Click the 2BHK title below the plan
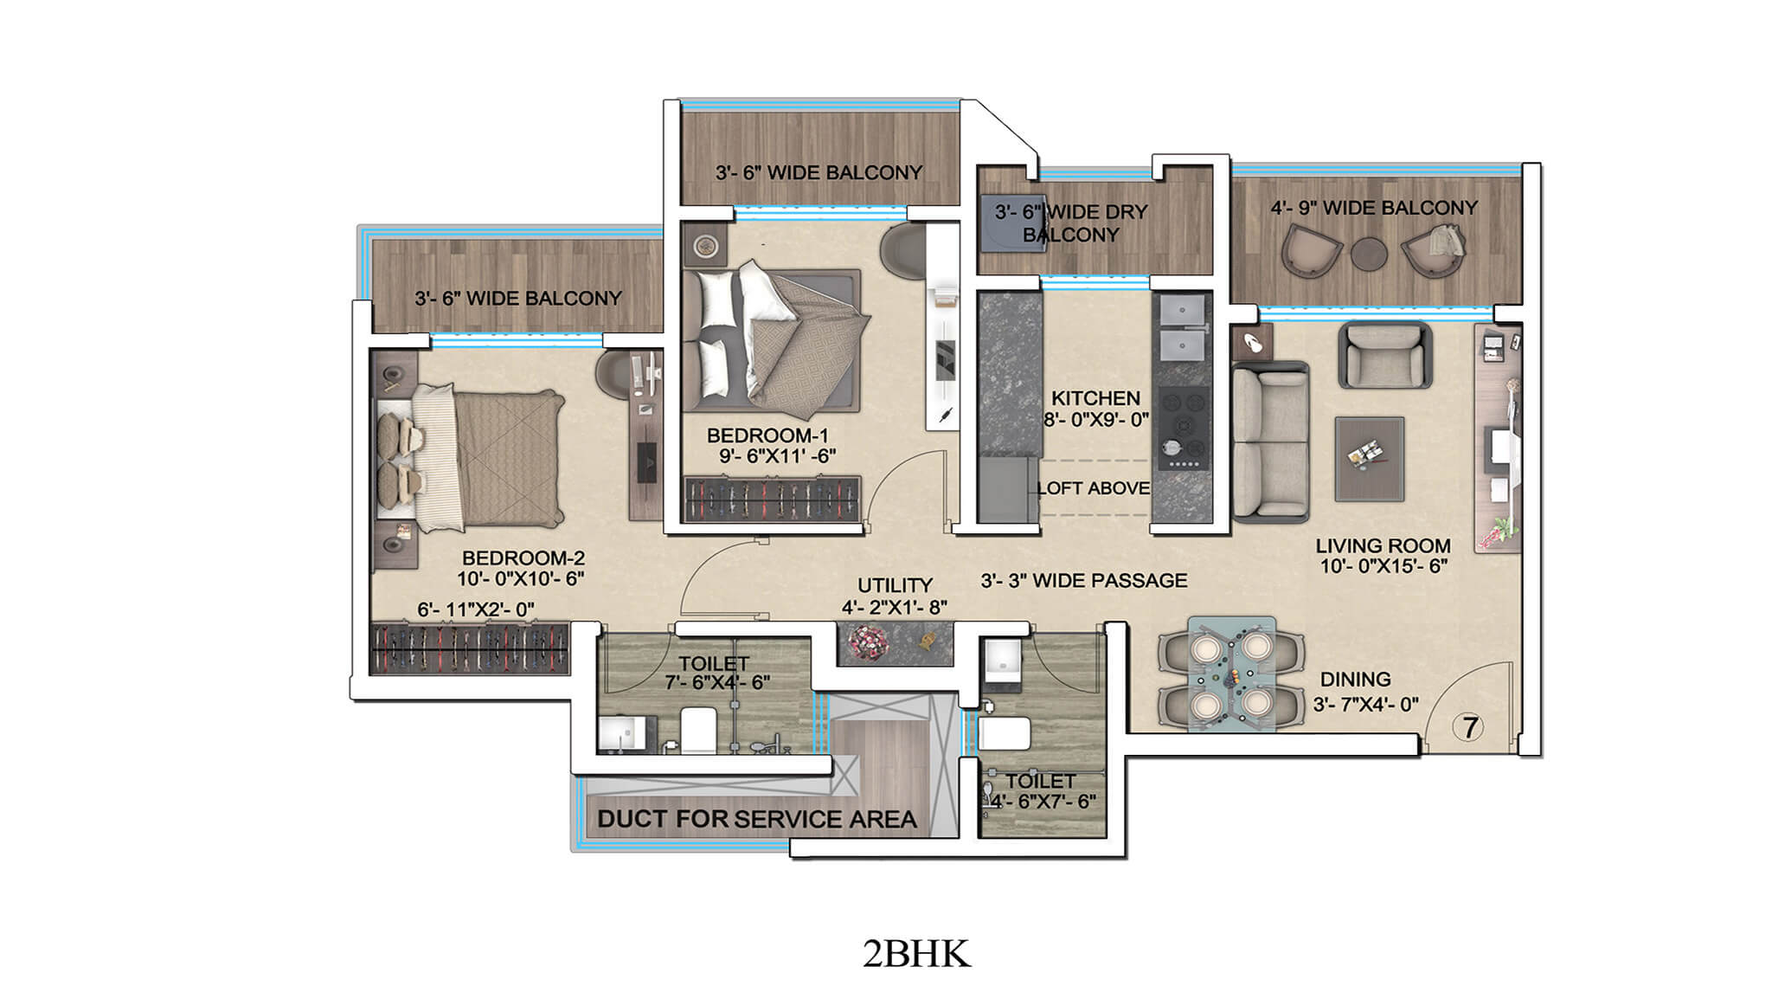(x=915, y=953)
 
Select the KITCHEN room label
(x=1095, y=398)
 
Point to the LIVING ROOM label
(x=1383, y=546)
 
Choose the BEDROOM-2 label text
(x=523, y=558)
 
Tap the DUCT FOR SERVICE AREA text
(x=756, y=819)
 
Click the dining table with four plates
(x=1231, y=674)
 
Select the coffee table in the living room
(x=1369, y=459)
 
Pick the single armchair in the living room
(x=1384, y=355)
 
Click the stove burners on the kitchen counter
(x=1182, y=424)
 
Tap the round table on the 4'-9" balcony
(x=1369, y=253)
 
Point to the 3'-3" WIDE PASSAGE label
(x=1083, y=581)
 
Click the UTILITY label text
(x=895, y=585)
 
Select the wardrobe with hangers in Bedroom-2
(x=470, y=648)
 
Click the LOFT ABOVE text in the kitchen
(x=1094, y=488)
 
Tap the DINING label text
(x=1355, y=680)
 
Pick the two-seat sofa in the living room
(x=1270, y=442)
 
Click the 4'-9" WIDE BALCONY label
(x=1373, y=208)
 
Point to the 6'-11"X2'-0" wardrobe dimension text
(x=476, y=609)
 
